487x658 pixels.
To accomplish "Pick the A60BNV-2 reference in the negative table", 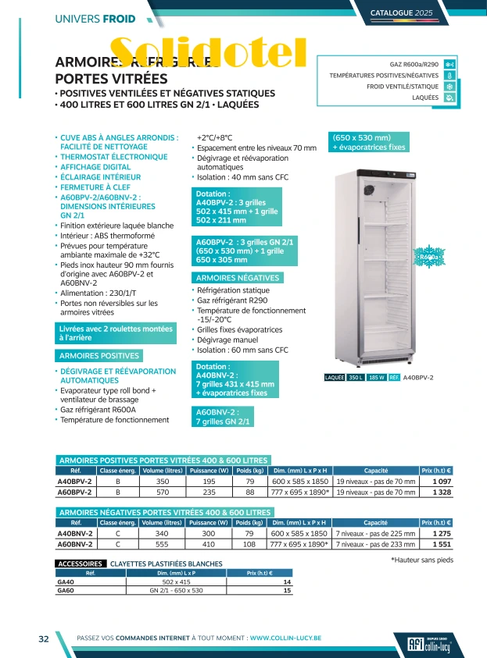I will [76, 544].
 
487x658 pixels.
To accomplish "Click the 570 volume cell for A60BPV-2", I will [163, 493].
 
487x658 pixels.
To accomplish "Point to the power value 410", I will [209, 544].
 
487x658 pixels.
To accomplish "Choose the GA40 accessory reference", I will [66, 582].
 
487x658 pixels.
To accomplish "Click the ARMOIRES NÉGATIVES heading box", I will [238, 278].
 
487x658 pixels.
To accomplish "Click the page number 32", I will [45, 638].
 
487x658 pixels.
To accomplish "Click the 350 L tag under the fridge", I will [356, 378].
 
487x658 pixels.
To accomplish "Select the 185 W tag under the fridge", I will [377, 378].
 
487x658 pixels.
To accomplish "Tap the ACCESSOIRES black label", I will [81, 564].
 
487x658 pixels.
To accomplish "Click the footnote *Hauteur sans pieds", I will [421, 560].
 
